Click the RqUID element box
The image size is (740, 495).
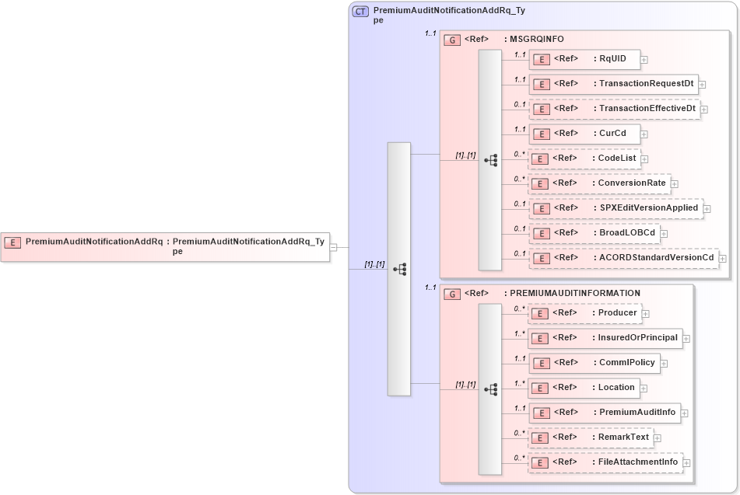[x=584, y=59]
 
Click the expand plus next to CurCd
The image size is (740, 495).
[x=644, y=134]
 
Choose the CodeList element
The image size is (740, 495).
[x=584, y=159]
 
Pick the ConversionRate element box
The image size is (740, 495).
[x=599, y=183]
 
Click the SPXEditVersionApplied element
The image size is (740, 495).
[x=615, y=208]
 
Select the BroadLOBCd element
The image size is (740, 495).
[x=594, y=233]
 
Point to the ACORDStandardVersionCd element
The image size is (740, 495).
[x=623, y=258]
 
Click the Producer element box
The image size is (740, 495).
[x=584, y=313]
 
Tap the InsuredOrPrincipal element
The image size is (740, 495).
[x=605, y=338]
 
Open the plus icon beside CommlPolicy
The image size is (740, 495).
[x=664, y=363]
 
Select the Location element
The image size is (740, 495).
[x=584, y=388]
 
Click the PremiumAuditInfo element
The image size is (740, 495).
[x=605, y=413]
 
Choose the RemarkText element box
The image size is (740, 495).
[x=591, y=437]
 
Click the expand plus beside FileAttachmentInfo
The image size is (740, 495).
[x=686, y=463]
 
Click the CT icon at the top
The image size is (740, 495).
[x=361, y=12]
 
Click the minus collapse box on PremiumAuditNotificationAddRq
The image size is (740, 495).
[x=333, y=247]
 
